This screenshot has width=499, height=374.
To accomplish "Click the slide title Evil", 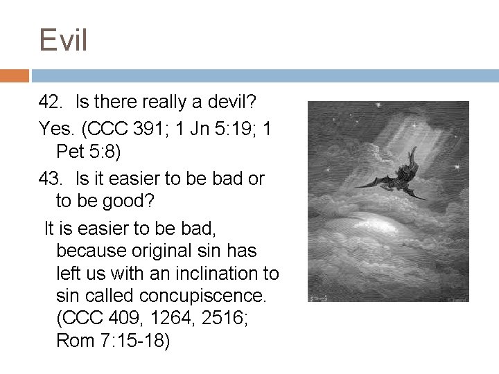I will (63, 40).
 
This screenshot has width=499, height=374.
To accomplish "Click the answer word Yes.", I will (53, 129).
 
